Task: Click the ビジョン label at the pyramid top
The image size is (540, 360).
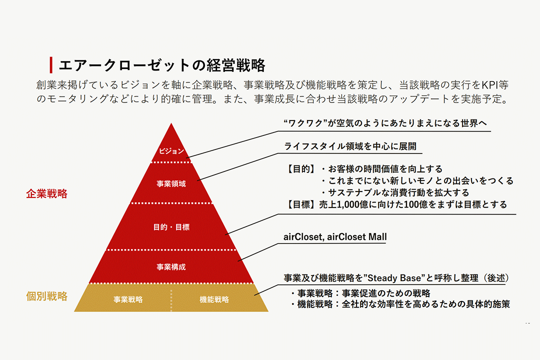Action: tap(171, 151)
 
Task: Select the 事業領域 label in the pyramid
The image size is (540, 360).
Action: tap(171, 183)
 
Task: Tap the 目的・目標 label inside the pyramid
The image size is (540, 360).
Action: tap(171, 227)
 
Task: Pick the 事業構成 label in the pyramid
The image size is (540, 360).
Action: tap(171, 267)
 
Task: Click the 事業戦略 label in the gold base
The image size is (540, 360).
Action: tap(128, 299)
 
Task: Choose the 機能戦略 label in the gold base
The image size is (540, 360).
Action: tap(214, 299)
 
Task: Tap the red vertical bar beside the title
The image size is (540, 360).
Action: tap(51, 65)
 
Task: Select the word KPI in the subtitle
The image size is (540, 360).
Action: tap(484, 84)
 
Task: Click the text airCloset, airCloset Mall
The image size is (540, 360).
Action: tap(335, 236)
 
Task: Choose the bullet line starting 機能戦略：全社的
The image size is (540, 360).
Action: tap(400, 304)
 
